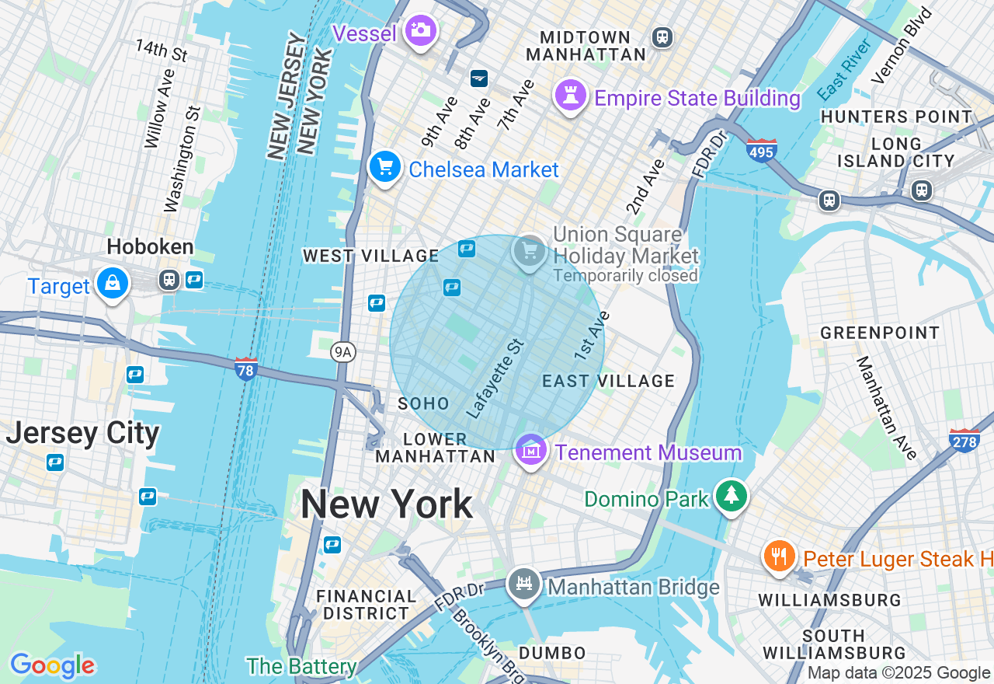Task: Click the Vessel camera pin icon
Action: [x=420, y=31]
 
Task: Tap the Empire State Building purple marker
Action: [x=570, y=96]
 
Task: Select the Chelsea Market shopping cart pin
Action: [x=384, y=166]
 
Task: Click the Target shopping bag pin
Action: [x=113, y=284]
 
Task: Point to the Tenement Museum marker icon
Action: [x=530, y=450]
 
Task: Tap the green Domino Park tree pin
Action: [x=730, y=495]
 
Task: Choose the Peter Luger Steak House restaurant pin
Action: [x=779, y=556]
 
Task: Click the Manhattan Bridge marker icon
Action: [x=524, y=584]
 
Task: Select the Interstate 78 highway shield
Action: [x=245, y=368]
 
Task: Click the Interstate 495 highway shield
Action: [x=761, y=149]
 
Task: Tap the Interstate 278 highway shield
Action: [x=964, y=441]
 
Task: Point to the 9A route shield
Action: [x=342, y=352]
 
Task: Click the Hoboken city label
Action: [x=150, y=247]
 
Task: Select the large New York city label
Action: [x=386, y=504]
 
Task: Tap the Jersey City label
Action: [x=82, y=433]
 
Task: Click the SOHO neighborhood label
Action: [x=423, y=403]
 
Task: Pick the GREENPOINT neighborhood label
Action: [x=880, y=333]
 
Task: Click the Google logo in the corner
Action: [x=52, y=665]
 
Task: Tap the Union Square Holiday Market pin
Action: [x=530, y=251]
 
